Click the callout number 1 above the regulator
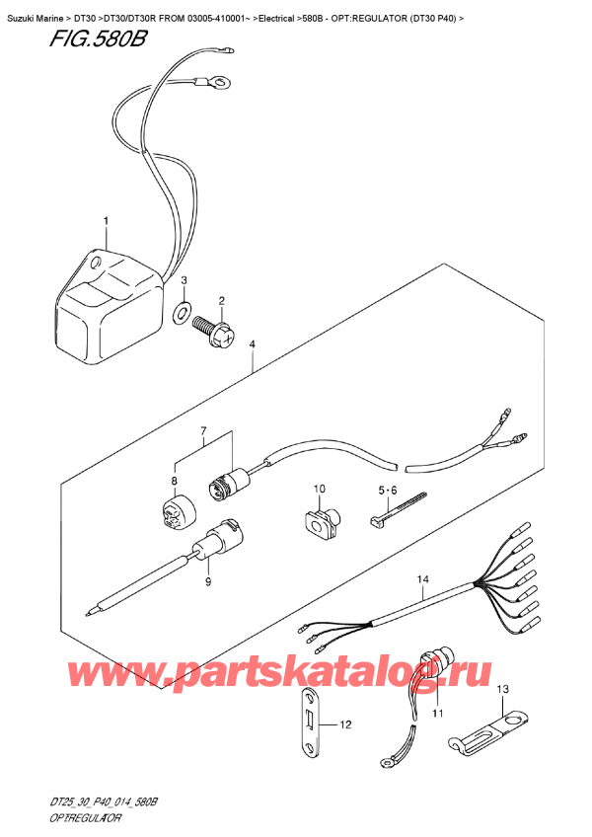click(x=106, y=221)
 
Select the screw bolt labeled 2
click(x=214, y=331)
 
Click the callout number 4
click(x=252, y=345)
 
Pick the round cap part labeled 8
click(x=178, y=512)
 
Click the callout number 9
click(x=208, y=581)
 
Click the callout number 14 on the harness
click(x=423, y=579)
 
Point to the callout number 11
click(x=438, y=714)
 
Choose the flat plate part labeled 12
click(x=309, y=723)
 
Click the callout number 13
click(x=503, y=689)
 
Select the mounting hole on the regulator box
click(x=96, y=263)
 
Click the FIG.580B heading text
click(x=97, y=39)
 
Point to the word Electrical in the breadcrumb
click(x=276, y=19)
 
